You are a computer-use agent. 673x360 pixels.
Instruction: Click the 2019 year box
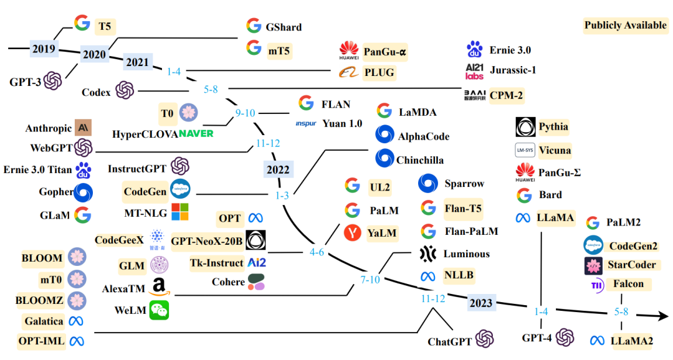[44, 48]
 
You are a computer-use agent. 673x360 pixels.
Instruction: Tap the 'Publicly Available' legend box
[625, 26]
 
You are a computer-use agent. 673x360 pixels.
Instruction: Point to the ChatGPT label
[450, 341]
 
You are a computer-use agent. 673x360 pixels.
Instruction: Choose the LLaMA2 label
[632, 341]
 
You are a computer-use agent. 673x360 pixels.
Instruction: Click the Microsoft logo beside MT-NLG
[179, 212]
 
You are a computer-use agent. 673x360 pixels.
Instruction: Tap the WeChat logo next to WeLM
[159, 310]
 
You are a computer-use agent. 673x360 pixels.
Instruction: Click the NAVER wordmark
[196, 133]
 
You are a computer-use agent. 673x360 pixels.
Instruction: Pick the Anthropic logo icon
[83, 128]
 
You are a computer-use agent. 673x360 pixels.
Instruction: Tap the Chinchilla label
[420, 160]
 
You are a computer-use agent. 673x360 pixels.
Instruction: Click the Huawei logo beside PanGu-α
[349, 51]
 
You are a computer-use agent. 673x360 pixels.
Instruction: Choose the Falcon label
[629, 284]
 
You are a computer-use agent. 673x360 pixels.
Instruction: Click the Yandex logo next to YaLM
[353, 233]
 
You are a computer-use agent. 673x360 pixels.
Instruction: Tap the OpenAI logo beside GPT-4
[565, 338]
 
